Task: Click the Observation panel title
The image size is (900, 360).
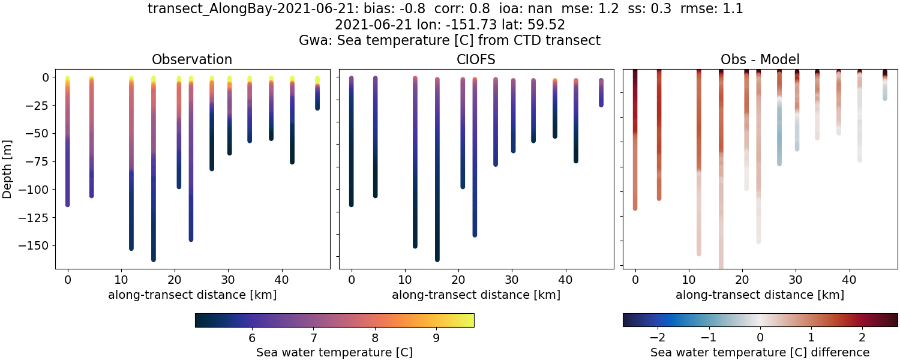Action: tap(192, 59)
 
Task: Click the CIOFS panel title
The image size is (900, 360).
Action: tap(476, 59)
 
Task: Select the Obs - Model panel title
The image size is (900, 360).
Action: tap(760, 59)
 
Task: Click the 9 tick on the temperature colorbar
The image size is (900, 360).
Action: tap(436, 337)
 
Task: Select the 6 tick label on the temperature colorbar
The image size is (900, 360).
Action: tap(252, 337)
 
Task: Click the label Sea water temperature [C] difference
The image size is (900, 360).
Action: tap(760, 352)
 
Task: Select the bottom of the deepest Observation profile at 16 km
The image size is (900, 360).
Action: tap(154, 258)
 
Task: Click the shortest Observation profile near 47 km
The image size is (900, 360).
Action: tap(317, 93)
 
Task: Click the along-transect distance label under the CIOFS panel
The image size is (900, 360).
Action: tap(476, 295)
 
